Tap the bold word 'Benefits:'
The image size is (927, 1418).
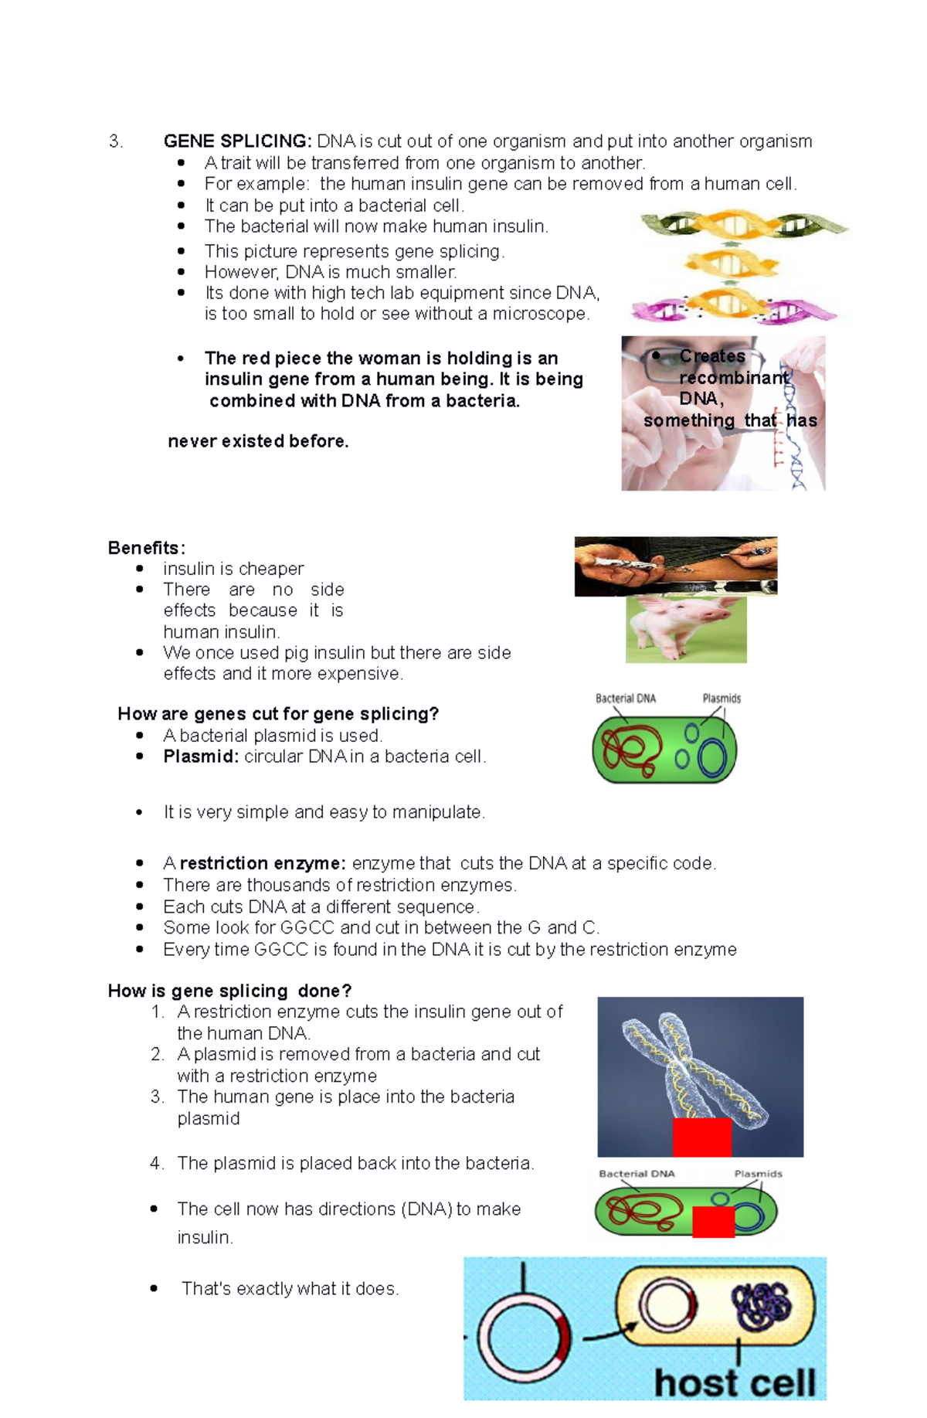pyautogui.click(x=146, y=548)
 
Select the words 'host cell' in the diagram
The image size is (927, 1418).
pyautogui.click(x=734, y=1382)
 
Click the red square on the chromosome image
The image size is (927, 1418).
pyautogui.click(x=701, y=1137)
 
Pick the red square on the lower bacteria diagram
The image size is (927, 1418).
pyautogui.click(x=713, y=1222)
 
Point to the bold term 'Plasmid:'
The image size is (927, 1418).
pyautogui.click(x=201, y=757)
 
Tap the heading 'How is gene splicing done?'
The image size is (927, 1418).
pyautogui.click(x=229, y=991)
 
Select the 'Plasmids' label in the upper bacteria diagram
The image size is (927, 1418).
pyautogui.click(x=722, y=699)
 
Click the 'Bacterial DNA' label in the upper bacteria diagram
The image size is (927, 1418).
pyautogui.click(x=626, y=699)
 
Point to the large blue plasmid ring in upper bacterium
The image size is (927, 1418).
pyautogui.click(x=712, y=759)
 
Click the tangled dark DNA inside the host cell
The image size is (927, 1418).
pyautogui.click(x=762, y=1306)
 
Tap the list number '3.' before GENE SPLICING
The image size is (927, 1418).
pyautogui.click(x=116, y=141)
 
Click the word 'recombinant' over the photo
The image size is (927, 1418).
pyautogui.click(x=734, y=378)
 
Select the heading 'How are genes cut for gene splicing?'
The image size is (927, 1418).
pyautogui.click(x=278, y=714)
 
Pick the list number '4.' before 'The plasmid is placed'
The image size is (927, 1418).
pyautogui.click(x=158, y=1163)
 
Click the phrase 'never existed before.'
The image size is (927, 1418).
pyautogui.click(x=258, y=441)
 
